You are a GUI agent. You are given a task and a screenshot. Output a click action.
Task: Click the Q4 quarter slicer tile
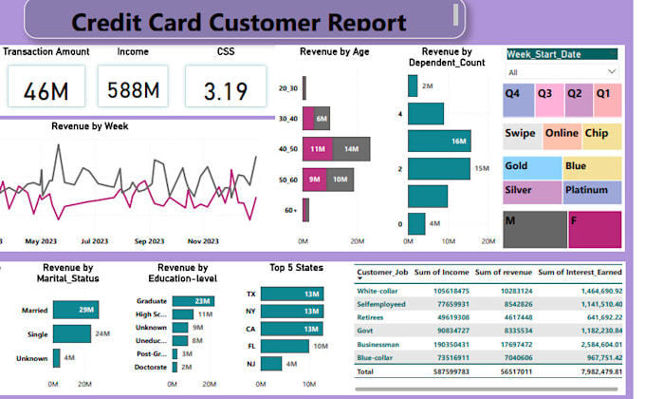(x=519, y=99)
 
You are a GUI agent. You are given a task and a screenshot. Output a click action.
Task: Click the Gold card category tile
(x=532, y=168)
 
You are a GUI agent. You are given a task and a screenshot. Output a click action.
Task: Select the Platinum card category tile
(x=592, y=192)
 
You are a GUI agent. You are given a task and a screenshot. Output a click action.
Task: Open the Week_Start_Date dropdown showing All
(x=562, y=72)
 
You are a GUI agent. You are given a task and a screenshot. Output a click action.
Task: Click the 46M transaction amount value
(x=43, y=91)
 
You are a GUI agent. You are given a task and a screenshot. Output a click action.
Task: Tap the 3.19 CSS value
(x=226, y=91)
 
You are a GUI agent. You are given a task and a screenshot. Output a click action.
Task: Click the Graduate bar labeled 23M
(x=196, y=301)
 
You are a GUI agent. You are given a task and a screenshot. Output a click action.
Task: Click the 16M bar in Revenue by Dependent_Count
(x=438, y=142)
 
